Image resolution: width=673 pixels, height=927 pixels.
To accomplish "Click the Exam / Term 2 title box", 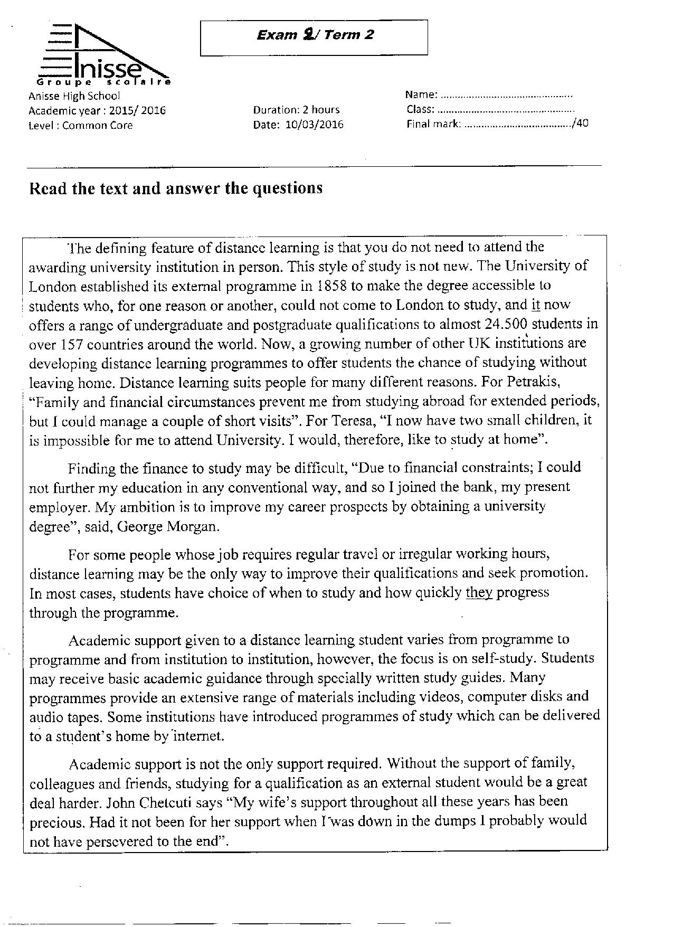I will (314, 37).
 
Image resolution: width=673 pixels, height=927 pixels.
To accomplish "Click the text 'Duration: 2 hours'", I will (296, 110).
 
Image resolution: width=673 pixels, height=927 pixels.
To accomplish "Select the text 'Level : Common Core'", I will (80, 126).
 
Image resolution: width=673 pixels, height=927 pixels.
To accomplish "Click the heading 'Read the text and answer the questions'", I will (175, 188).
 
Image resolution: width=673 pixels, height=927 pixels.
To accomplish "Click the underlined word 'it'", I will (535, 305).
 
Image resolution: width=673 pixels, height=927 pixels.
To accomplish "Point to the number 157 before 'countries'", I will (68, 344).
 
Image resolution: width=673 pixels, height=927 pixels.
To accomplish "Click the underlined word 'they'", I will (479, 592).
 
